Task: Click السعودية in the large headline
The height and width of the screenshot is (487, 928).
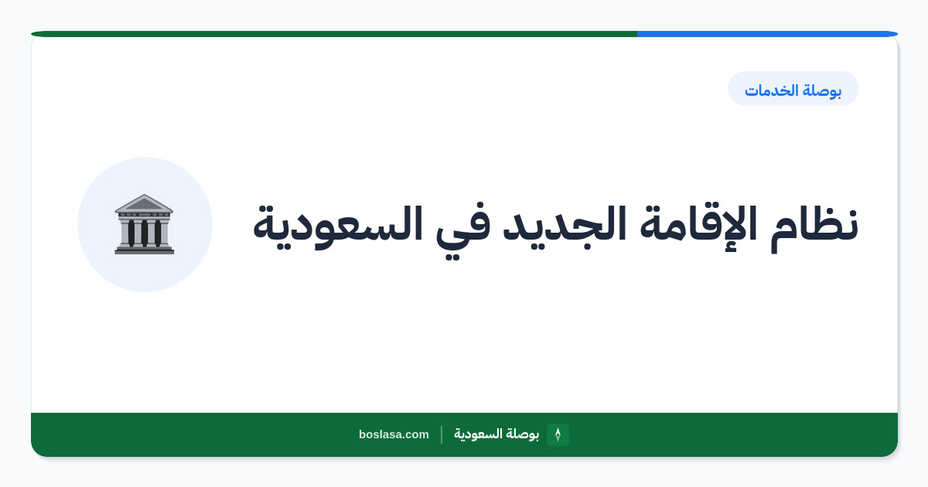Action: click(338, 227)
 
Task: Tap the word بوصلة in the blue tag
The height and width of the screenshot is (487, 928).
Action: click(822, 90)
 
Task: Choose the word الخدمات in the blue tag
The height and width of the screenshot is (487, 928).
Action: click(772, 90)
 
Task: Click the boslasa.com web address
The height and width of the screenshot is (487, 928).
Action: click(394, 434)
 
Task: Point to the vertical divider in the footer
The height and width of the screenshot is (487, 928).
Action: click(442, 434)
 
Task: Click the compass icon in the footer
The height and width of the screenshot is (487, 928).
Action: click(558, 434)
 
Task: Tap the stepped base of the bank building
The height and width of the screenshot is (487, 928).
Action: click(145, 250)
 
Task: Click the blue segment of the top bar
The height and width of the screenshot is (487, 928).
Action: click(767, 34)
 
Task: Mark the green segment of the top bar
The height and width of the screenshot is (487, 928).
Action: click(334, 34)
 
